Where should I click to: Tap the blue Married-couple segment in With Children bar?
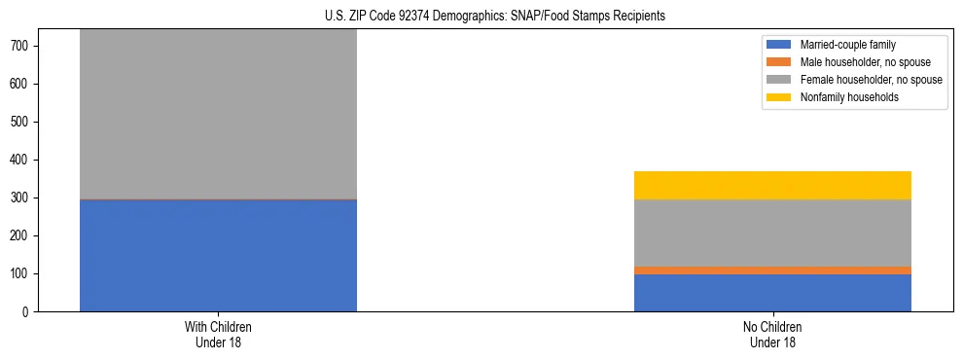[218, 255]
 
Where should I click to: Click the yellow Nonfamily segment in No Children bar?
[772, 185]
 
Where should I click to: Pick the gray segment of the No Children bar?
[772, 233]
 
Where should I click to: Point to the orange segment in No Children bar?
[772, 270]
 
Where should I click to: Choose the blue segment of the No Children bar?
[772, 293]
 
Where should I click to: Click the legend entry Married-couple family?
[847, 45]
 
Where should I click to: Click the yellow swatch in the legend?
[779, 97]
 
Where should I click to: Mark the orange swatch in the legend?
[779, 62]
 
